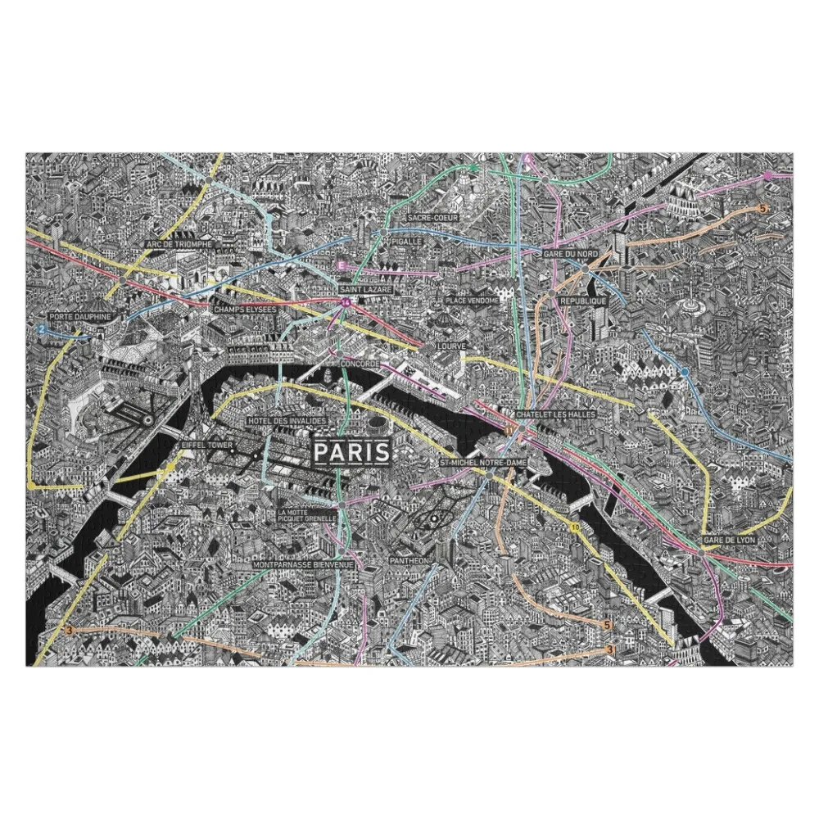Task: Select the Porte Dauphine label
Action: [x=79, y=316]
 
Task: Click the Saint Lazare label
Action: [x=365, y=290]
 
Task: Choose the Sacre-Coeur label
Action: [x=432, y=218]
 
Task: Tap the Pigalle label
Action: [x=406, y=242]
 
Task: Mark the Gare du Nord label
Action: [x=570, y=255]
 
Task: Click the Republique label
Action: [x=583, y=301]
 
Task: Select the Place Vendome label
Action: [x=471, y=301]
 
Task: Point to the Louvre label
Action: [x=451, y=346]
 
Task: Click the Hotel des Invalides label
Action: [x=287, y=420]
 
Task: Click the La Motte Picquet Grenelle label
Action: [x=307, y=515]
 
